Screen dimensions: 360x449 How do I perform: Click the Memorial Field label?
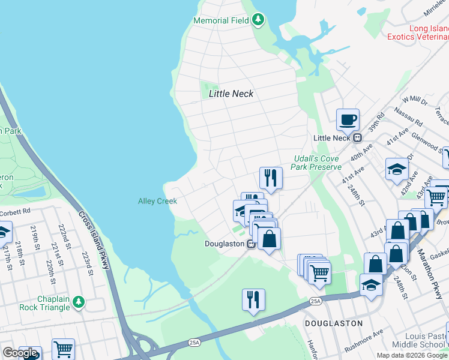pyautogui.click(x=220, y=20)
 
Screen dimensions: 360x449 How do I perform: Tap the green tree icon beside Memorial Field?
pyautogui.click(x=258, y=20)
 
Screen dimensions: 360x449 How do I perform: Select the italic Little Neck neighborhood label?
pyautogui.click(x=231, y=94)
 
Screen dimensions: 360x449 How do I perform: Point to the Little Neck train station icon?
pyautogui.click(x=357, y=138)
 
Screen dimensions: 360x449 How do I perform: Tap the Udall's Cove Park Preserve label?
pyautogui.click(x=316, y=163)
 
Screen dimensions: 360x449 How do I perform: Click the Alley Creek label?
pyautogui.click(x=157, y=202)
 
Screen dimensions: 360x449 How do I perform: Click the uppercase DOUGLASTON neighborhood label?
pyautogui.click(x=333, y=323)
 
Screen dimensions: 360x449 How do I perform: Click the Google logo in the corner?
pyautogui.click(x=20, y=353)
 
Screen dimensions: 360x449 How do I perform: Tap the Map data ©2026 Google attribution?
pyautogui.click(x=412, y=355)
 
